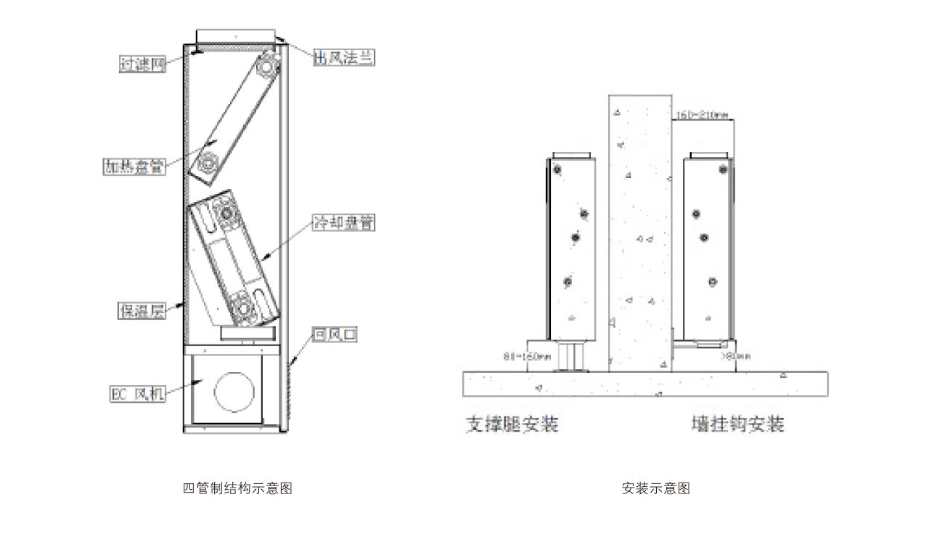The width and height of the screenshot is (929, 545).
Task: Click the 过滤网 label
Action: pos(142,64)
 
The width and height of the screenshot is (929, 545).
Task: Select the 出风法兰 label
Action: pos(344,58)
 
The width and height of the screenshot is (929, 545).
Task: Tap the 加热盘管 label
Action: pos(133,166)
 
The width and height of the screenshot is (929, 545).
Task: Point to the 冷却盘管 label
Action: pos(343,223)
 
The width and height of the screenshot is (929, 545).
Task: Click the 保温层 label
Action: pos(142,311)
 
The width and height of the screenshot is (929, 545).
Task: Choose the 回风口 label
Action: pos(334,335)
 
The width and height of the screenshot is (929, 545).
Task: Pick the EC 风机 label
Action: pos(137,395)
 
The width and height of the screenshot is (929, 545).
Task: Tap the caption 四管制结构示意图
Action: pos(237,488)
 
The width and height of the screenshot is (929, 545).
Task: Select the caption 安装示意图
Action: pos(655,488)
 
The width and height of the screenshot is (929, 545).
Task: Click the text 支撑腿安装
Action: pos(512,424)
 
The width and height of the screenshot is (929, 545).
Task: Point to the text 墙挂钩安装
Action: pos(737,424)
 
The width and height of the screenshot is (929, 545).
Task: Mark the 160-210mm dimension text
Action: pos(702,115)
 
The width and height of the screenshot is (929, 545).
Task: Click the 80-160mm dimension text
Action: pos(527,357)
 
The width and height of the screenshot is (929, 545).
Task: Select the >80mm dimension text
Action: pos(735,357)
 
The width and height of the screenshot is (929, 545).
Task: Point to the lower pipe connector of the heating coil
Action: pos(209,164)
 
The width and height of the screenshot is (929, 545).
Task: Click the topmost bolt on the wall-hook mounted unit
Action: pos(723,170)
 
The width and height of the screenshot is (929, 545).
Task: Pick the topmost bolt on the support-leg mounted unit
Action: pos(557,170)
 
